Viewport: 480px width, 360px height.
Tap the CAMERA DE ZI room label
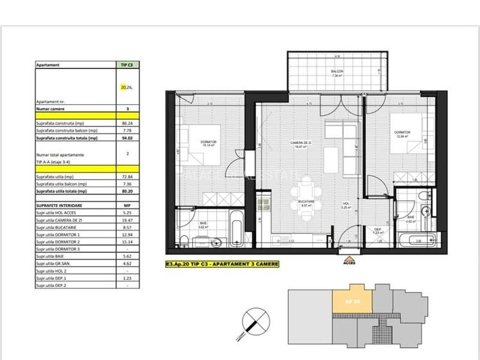[298, 145]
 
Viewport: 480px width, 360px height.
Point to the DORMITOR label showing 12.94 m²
[401, 134]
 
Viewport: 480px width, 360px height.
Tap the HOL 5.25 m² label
[345, 206]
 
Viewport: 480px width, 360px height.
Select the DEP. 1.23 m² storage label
[378, 233]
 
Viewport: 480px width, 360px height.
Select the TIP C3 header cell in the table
[127, 65]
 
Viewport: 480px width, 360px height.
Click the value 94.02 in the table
[127, 137]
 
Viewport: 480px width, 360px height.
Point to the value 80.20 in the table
[127, 191]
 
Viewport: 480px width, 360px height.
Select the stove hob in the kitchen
[261, 205]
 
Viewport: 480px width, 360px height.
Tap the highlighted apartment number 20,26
[127, 86]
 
